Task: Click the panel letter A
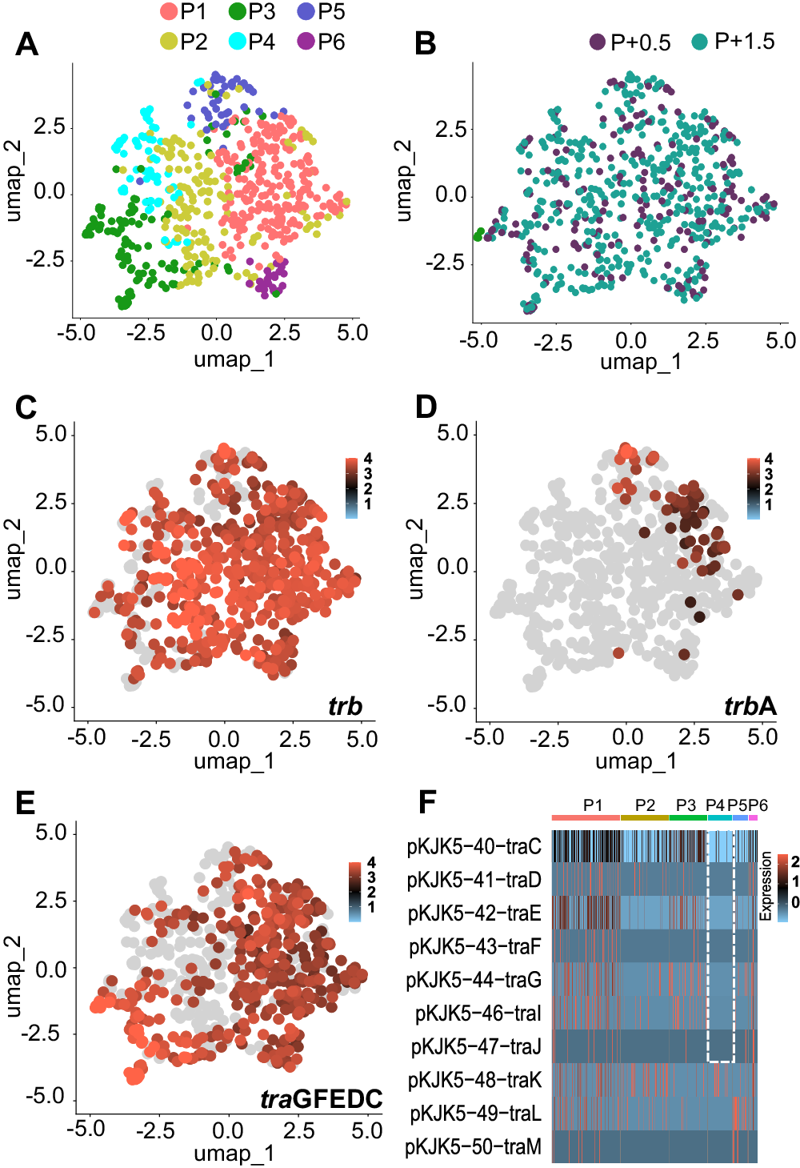pyautogui.click(x=26, y=44)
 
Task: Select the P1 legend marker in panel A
pyautogui.click(x=169, y=12)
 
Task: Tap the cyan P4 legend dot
pyautogui.click(x=238, y=42)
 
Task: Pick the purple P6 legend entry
pyautogui.click(x=306, y=42)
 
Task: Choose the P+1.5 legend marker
pyautogui.click(x=700, y=42)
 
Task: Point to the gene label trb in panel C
pyautogui.click(x=345, y=706)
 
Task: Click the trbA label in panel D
pyautogui.click(x=750, y=706)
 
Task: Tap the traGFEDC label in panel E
pyautogui.click(x=322, y=1099)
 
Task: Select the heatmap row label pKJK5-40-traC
pyautogui.click(x=474, y=847)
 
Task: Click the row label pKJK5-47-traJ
pyautogui.click(x=476, y=1047)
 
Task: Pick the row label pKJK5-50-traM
pyautogui.click(x=473, y=1147)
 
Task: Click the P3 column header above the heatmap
pyautogui.click(x=686, y=805)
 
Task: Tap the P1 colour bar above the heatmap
pyautogui.click(x=586, y=817)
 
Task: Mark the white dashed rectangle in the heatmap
pyautogui.click(x=721, y=945)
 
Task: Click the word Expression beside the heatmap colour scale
pyautogui.click(x=766, y=885)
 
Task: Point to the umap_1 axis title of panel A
pyautogui.click(x=234, y=359)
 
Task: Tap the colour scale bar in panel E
pyautogui.click(x=355, y=891)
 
